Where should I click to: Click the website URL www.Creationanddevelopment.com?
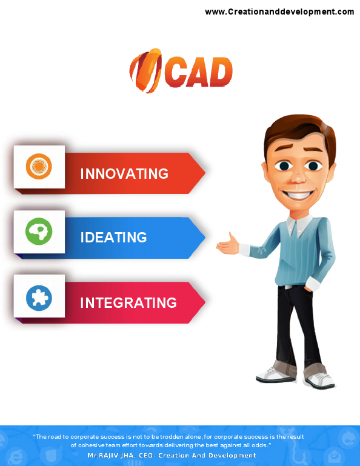click(279, 12)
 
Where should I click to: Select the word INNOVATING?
click(124, 174)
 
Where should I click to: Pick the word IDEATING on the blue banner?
click(113, 237)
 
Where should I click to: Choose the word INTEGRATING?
click(128, 302)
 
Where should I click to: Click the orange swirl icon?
click(39, 167)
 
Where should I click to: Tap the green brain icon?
click(39, 231)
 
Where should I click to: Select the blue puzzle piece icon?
click(39, 297)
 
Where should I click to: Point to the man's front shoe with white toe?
click(320, 380)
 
